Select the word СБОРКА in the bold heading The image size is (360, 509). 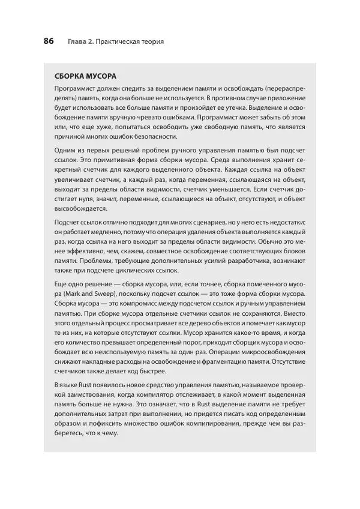72,77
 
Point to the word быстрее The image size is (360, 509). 154,374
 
